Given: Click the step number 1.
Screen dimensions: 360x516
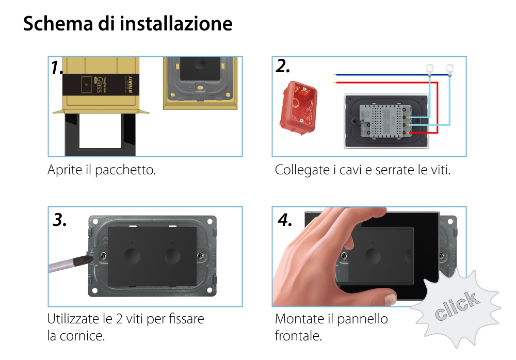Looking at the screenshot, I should pyautogui.click(x=57, y=68).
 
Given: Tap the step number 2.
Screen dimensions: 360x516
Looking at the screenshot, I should pyautogui.click(x=283, y=66).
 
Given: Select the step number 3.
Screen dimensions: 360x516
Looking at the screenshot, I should pyautogui.click(x=60, y=220).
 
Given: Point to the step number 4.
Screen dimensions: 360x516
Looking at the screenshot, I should pyautogui.click(x=285, y=220).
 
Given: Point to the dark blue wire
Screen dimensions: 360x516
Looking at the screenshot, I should pyautogui.click(x=382, y=74).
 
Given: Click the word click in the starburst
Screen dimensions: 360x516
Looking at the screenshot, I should pyautogui.click(x=456, y=305).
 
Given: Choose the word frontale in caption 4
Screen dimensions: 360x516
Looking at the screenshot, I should pyautogui.click(x=298, y=336).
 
